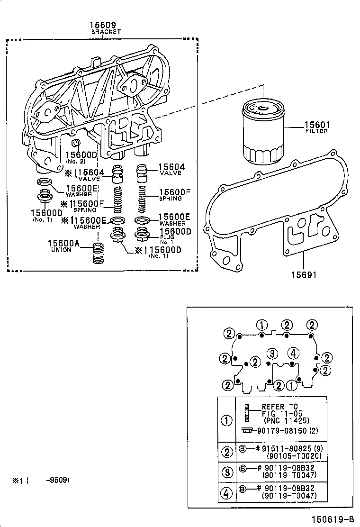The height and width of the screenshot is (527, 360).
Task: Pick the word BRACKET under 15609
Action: tap(106, 32)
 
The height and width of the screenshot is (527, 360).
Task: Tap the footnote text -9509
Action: tap(57, 480)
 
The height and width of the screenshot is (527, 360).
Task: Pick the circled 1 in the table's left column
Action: tap(228, 419)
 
